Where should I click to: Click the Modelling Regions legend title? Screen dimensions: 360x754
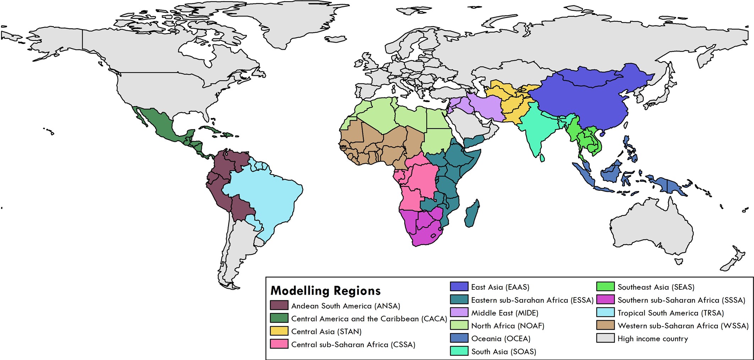(x=325, y=291)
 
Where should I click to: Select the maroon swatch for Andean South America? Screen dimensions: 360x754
(x=279, y=306)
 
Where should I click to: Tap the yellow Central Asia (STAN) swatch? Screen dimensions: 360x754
(x=279, y=331)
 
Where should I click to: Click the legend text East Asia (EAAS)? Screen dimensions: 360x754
(x=500, y=287)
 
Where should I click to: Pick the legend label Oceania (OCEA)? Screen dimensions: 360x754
(x=501, y=338)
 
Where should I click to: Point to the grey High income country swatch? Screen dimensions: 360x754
(x=605, y=338)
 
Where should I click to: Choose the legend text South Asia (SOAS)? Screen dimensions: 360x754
(x=503, y=351)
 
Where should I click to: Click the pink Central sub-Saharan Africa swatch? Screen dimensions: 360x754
(x=279, y=344)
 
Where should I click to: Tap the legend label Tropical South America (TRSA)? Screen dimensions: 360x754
(x=670, y=313)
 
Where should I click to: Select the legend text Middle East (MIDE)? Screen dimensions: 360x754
(x=505, y=313)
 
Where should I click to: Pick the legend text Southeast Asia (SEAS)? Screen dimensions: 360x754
(x=656, y=287)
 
